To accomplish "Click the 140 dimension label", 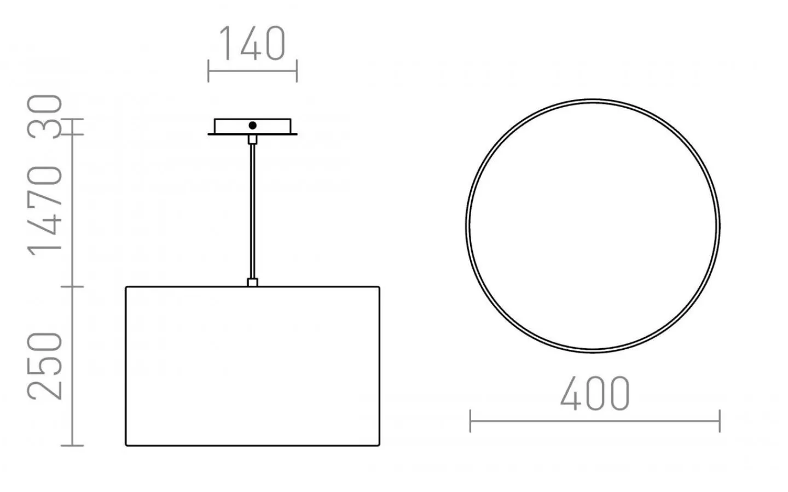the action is pos(252,43).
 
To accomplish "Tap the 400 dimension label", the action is pos(595,394).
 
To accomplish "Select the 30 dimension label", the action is pos(45,116).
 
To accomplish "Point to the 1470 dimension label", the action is pos(45,210).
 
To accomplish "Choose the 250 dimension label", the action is pos(45,366).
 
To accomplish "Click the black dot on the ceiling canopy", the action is pos(253,125).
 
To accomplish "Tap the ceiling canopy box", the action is pos(253,126).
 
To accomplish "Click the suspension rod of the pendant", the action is pos(253,212).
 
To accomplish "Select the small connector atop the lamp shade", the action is pos(253,283).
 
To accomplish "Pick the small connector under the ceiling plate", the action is pos(253,139).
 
